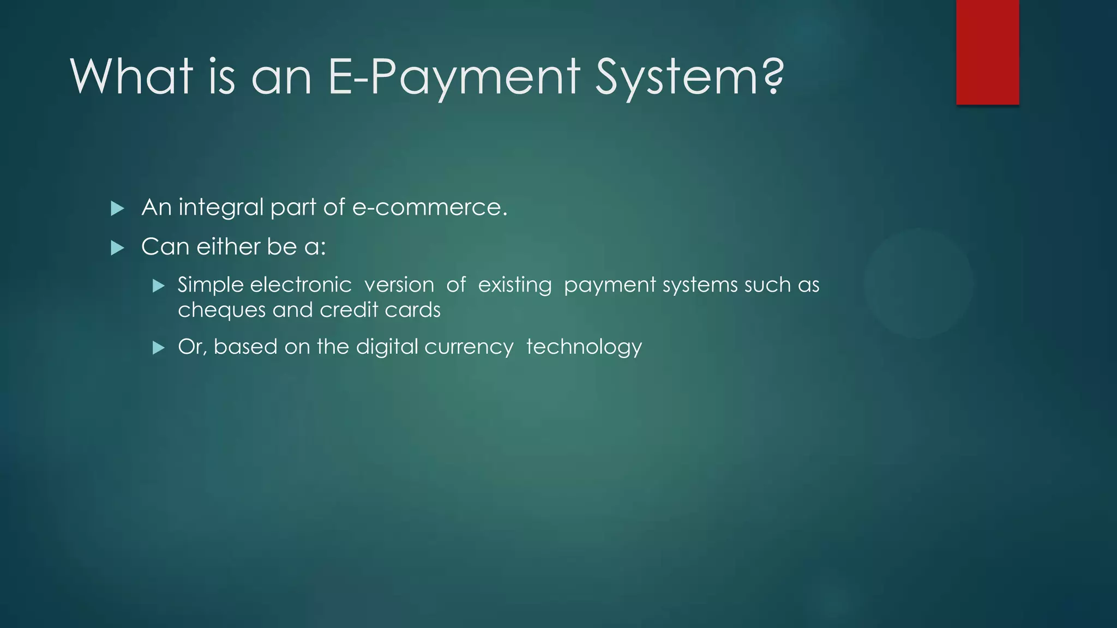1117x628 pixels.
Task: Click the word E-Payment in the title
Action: click(x=453, y=77)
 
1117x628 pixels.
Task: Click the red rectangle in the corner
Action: click(x=987, y=52)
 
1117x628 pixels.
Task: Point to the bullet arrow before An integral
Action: click(x=117, y=208)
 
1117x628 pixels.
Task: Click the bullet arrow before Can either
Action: click(x=117, y=248)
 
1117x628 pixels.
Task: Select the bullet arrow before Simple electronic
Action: click(x=159, y=286)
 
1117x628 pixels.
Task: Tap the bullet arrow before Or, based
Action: click(x=159, y=348)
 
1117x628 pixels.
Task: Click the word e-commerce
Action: click(x=430, y=208)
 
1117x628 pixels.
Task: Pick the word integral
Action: click(x=221, y=208)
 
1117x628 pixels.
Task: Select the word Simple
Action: click(x=210, y=286)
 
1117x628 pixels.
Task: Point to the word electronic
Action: click(x=301, y=285)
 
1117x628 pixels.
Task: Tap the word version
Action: click(x=399, y=285)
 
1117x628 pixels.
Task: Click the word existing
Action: click(x=515, y=286)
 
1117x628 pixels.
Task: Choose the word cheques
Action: click(x=221, y=311)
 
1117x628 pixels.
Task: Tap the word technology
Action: click(x=584, y=347)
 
